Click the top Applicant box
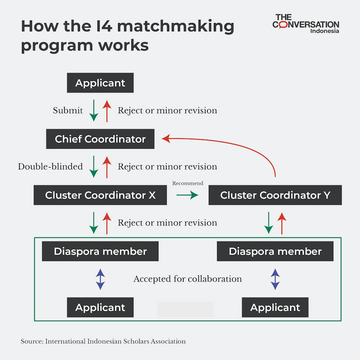click(x=100, y=83)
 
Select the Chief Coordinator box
click(x=100, y=139)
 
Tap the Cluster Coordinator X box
click(x=100, y=195)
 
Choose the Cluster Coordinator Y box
click(x=275, y=195)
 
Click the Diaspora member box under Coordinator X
click(x=100, y=251)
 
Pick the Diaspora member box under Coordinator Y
click(x=275, y=251)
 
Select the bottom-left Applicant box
click(x=100, y=307)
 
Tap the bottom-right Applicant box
click(x=275, y=307)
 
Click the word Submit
click(x=68, y=111)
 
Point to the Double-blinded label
click(x=50, y=167)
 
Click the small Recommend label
click(x=188, y=183)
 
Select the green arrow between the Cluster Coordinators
click(x=187, y=195)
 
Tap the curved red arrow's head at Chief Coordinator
click(x=166, y=139)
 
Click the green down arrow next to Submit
click(x=94, y=111)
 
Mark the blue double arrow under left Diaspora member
click(x=100, y=279)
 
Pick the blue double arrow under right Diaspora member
click(x=275, y=279)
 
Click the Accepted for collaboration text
click(x=188, y=279)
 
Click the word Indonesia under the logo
click(x=324, y=31)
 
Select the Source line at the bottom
click(x=103, y=341)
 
